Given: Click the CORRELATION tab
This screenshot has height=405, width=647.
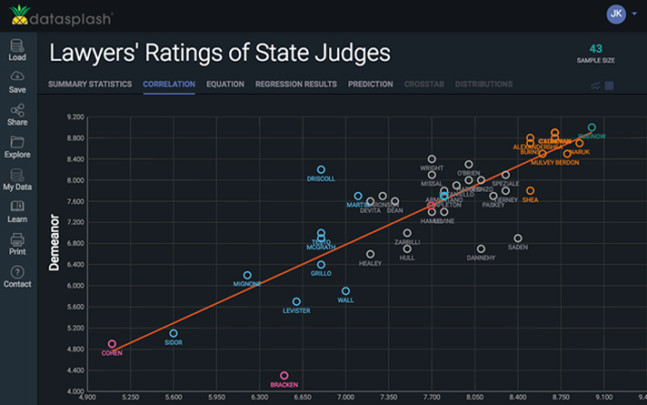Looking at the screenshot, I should coord(169,85).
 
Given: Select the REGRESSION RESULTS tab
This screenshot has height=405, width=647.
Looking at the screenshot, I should coord(295,85).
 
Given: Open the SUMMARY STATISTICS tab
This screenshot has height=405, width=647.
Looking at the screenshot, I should coord(90,85).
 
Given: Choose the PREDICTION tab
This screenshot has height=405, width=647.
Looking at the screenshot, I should coord(370,85).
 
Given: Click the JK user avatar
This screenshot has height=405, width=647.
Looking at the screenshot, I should coord(616,14).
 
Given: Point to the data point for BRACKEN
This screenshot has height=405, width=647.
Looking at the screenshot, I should coord(284,375).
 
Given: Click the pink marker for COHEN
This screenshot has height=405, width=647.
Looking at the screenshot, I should coord(113,344).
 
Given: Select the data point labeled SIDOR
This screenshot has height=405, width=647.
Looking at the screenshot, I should coord(174,333).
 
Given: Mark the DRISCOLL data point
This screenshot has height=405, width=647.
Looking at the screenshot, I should coord(321,169).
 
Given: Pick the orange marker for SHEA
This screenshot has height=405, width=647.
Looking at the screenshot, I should coord(530,191).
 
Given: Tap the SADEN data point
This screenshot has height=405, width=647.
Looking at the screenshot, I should coord(518,238).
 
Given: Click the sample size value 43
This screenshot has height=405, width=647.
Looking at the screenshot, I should coord(595,48).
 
